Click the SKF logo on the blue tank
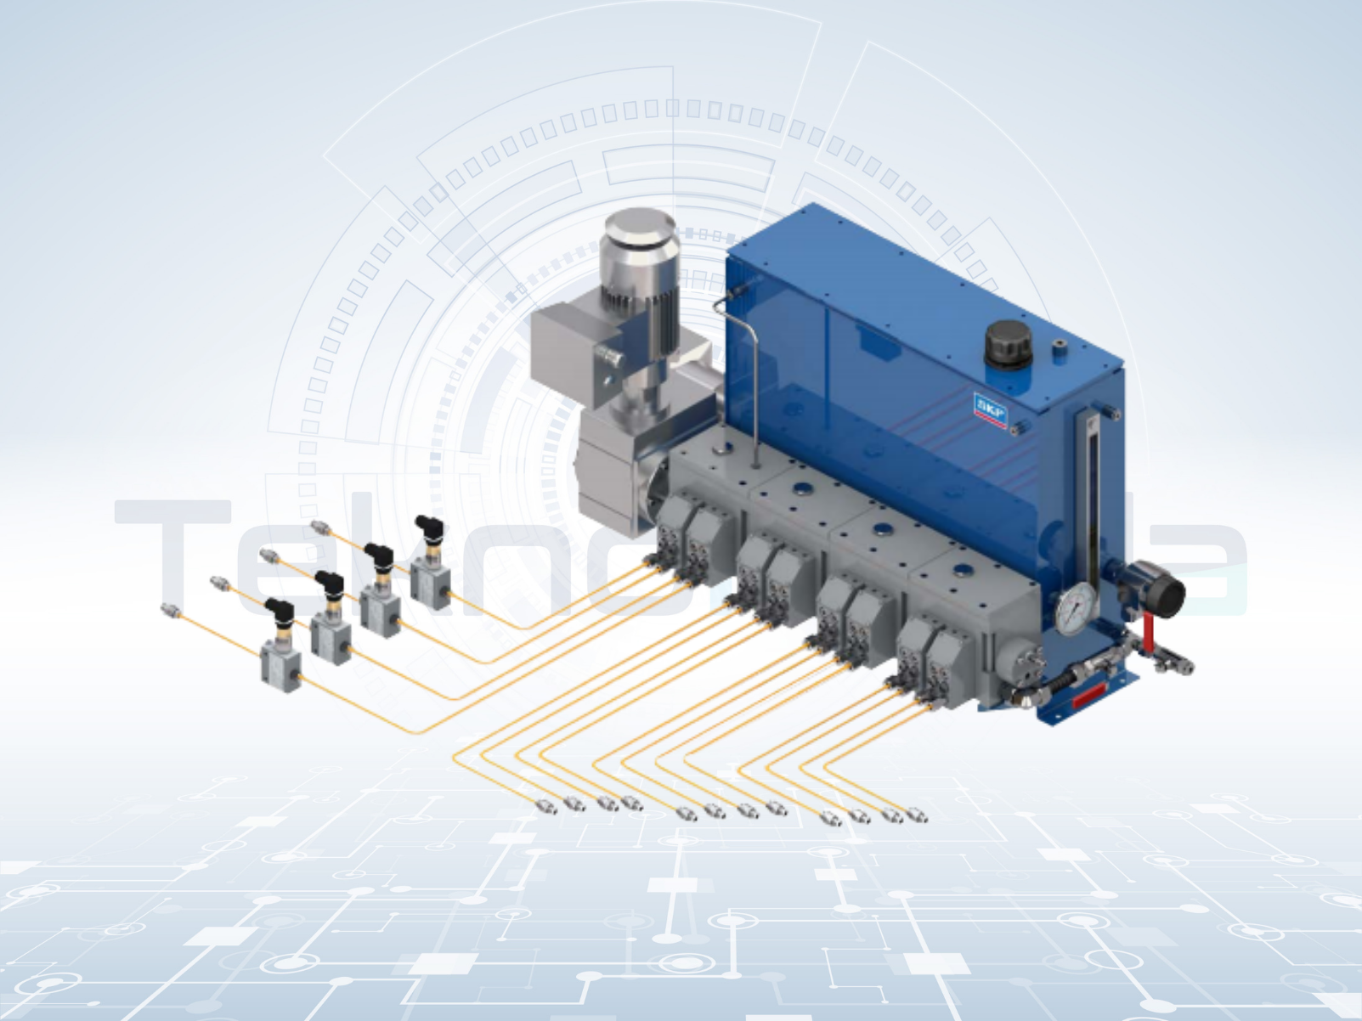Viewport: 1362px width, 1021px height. pyautogui.click(x=989, y=410)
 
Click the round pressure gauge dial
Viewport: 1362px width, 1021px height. pyautogui.click(x=1077, y=609)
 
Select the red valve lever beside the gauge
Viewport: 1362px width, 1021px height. pyautogui.click(x=1148, y=629)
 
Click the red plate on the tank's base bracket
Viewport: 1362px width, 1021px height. pyautogui.click(x=1090, y=697)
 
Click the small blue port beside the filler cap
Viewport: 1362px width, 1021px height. pyautogui.click(x=1059, y=347)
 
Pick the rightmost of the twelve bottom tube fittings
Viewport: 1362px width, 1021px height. pyautogui.click(x=917, y=816)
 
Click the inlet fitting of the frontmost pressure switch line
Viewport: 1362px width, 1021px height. pyautogui.click(x=170, y=610)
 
